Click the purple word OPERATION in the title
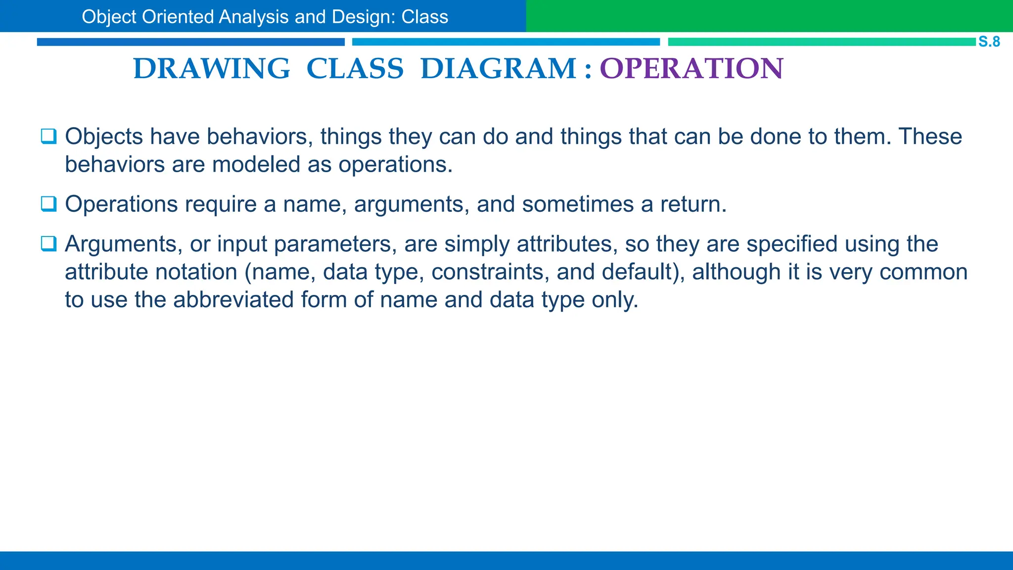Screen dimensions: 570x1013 tap(691, 68)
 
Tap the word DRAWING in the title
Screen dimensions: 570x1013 tap(212, 68)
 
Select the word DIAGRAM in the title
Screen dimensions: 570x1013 tap(499, 68)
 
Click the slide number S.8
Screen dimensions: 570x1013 tap(989, 42)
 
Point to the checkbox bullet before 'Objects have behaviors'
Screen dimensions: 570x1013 tap(48, 136)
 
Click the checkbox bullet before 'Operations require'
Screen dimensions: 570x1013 tap(48, 204)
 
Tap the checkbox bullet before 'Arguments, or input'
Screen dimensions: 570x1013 tap(48, 243)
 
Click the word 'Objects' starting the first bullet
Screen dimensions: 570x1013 tap(104, 137)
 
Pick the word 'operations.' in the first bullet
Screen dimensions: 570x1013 tap(395, 164)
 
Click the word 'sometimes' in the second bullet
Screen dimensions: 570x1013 tap(578, 204)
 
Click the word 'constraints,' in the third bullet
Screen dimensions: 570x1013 tap(490, 272)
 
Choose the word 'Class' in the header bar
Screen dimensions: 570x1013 tap(424, 17)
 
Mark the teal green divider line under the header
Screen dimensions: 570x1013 tap(821, 42)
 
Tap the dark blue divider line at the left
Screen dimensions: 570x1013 tap(190, 42)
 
